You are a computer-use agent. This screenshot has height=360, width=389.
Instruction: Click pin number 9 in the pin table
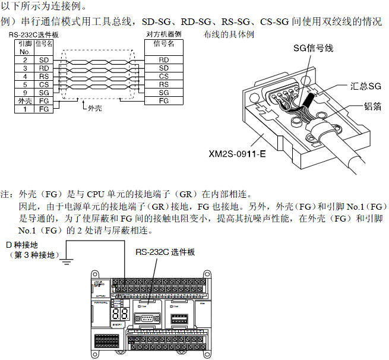click(25, 93)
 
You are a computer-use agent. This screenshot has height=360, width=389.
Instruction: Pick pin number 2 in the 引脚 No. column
click(25, 60)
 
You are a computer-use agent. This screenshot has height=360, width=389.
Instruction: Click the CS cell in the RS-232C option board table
click(44, 85)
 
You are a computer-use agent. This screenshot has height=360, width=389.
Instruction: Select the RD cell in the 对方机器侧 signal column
click(164, 60)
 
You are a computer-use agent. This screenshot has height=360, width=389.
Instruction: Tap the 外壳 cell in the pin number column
click(25, 102)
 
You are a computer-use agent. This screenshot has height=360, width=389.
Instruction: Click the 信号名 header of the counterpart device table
click(164, 44)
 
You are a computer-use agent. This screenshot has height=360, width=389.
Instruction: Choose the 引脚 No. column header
click(25, 47)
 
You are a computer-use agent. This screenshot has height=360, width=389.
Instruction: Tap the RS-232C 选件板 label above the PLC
click(165, 252)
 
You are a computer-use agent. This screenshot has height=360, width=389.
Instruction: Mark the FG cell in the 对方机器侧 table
click(164, 102)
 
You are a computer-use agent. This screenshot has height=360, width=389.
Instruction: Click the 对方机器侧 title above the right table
click(164, 35)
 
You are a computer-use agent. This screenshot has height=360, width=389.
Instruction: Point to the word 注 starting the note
click(7, 194)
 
